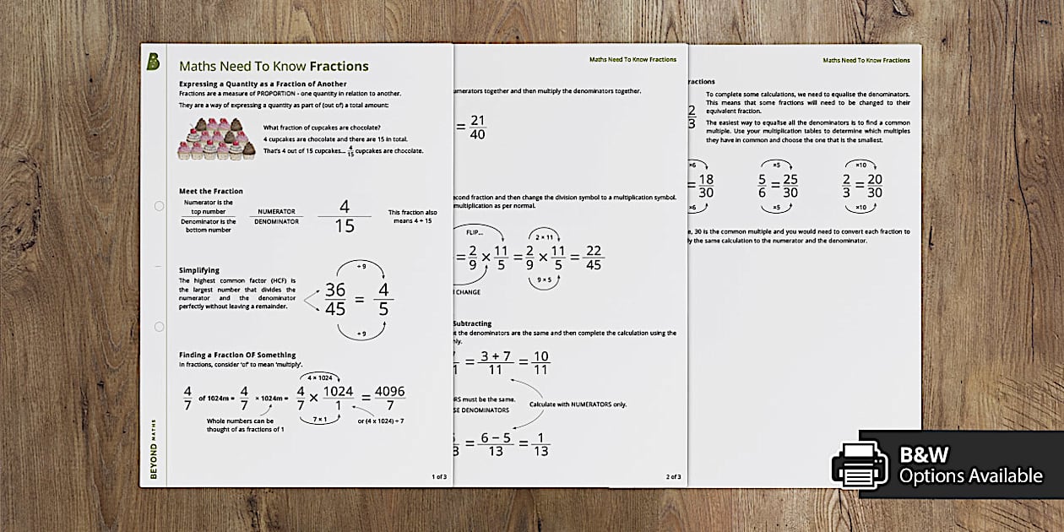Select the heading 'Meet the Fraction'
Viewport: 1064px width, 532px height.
(x=211, y=192)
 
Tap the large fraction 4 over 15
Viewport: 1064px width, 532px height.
(x=344, y=216)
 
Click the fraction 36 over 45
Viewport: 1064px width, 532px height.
(x=335, y=299)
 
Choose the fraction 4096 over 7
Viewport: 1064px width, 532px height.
(x=388, y=398)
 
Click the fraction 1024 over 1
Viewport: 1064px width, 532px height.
(x=338, y=398)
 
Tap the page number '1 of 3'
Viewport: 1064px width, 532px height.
(x=439, y=476)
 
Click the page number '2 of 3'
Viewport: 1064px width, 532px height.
(x=673, y=476)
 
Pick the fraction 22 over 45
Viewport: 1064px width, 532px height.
(x=593, y=257)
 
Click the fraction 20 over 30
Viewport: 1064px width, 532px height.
(x=874, y=186)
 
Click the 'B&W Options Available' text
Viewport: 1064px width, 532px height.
(x=969, y=465)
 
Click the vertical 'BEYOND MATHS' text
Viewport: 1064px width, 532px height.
(x=154, y=447)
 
